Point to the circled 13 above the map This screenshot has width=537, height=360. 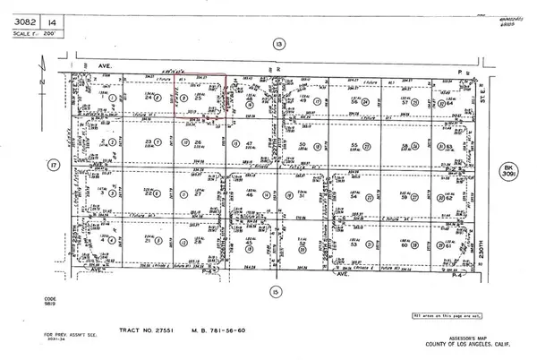pos(279,43)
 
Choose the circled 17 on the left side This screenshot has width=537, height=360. pos(28,165)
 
